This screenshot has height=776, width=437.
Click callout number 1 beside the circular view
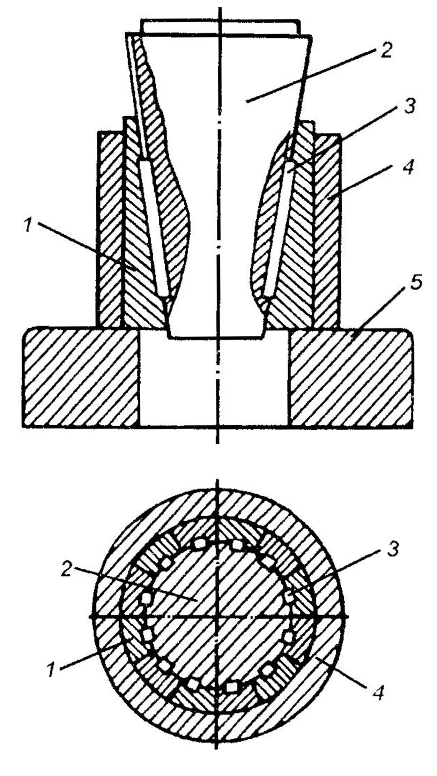tap(51, 670)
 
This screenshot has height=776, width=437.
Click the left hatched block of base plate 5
tap(80, 377)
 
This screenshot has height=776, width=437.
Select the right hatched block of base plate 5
tap(351, 377)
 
